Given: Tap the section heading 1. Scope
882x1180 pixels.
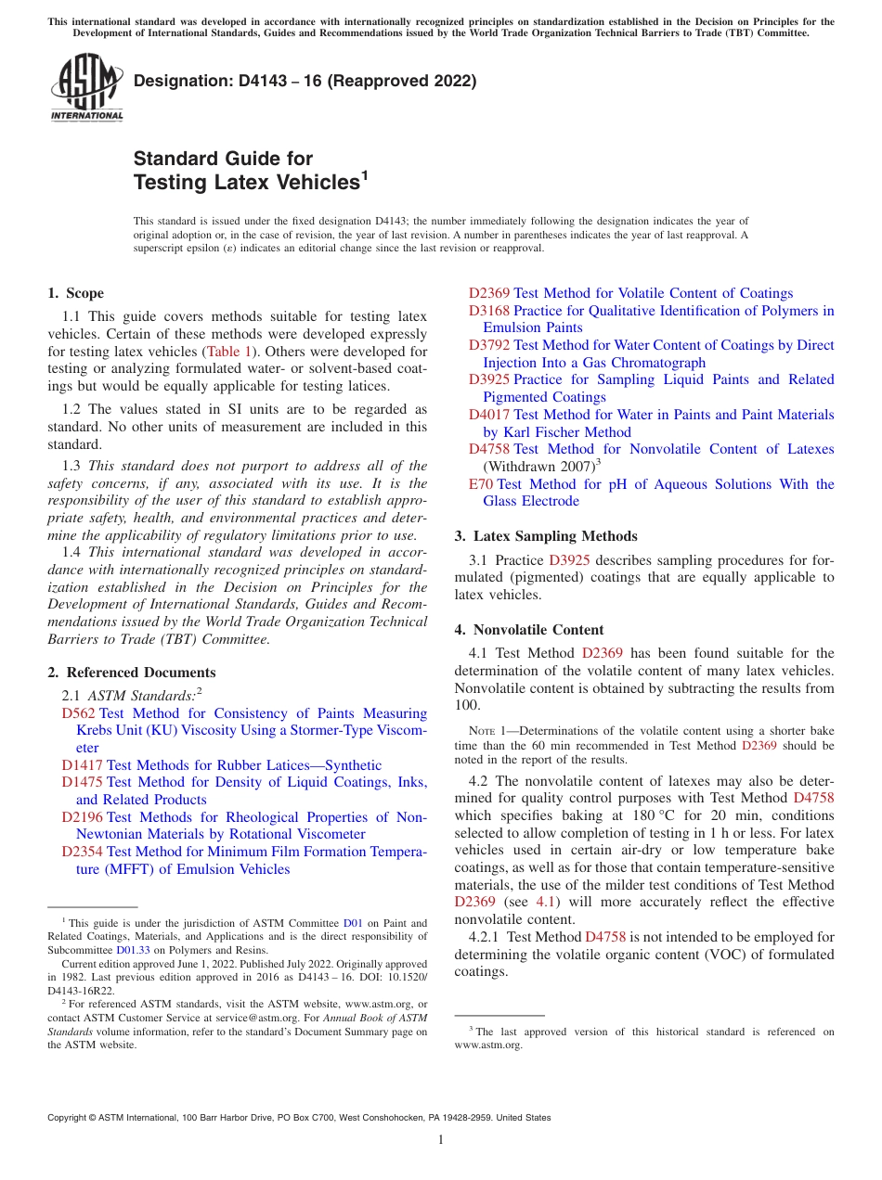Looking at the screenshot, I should [x=75, y=293].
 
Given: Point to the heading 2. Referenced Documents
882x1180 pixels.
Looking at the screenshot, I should [x=131, y=673].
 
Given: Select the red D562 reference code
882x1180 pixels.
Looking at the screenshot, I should [x=78, y=713].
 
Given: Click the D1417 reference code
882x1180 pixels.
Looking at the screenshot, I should [x=82, y=765].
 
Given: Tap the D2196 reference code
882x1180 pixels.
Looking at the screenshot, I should [x=82, y=817].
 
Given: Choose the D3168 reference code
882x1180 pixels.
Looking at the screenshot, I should [x=488, y=311].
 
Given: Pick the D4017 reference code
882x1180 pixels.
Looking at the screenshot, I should [x=488, y=415].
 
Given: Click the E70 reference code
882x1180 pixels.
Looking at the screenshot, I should [x=481, y=484].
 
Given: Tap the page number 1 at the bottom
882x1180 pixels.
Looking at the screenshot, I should [x=441, y=1140].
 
